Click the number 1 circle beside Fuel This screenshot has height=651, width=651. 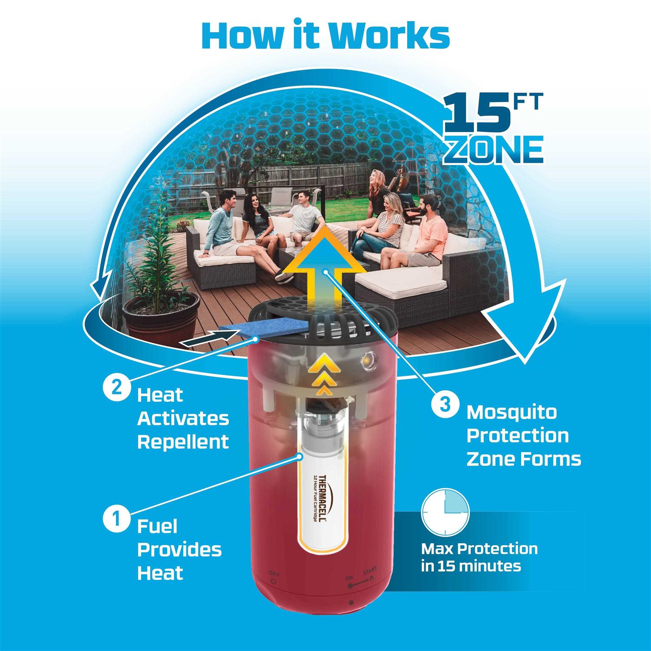pos(115,519)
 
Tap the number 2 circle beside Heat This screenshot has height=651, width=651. pos(115,388)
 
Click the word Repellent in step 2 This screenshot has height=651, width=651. pos(183,442)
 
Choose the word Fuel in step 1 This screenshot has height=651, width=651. pos(158,526)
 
